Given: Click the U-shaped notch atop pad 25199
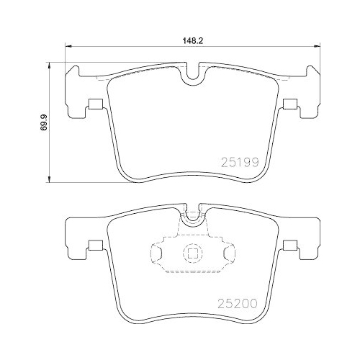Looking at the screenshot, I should click(191, 73).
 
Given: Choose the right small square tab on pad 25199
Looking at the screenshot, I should click(289, 104).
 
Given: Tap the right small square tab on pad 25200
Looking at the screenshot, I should click(289, 244).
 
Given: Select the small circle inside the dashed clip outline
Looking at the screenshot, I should click(192, 253).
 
